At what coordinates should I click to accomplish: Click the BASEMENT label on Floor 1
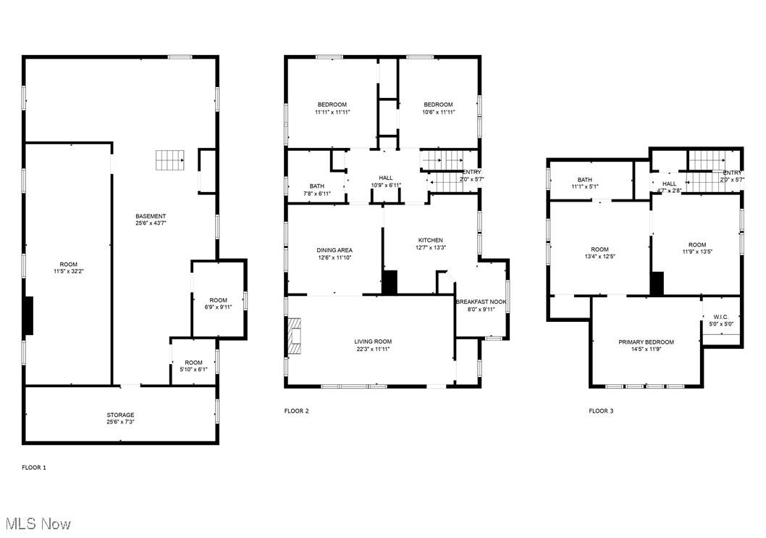point(151,216)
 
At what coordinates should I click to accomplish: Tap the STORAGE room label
point(120,415)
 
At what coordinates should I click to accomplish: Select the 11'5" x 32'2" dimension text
point(68,272)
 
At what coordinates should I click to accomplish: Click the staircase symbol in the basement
point(170,159)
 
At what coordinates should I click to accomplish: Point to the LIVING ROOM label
point(372,342)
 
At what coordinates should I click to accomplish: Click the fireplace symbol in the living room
point(295,336)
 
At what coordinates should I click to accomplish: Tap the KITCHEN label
point(430,240)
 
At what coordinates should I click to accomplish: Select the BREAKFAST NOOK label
point(481,302)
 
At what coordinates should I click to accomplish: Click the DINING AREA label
point(334,250)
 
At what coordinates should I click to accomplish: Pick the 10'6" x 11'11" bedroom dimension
point(438,112)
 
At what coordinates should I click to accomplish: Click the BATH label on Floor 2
point(316,186)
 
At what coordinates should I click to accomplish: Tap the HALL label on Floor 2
point(385,178)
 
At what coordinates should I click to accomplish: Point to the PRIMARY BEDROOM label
point(646,342)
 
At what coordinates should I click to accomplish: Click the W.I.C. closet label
point(720,316)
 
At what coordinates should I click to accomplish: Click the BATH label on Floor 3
point(584,180)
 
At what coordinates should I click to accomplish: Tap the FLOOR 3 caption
point(600,411)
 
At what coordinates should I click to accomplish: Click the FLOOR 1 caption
point(33,468)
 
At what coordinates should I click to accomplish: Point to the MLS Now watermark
point(38,523)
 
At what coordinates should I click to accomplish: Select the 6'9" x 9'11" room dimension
point(218,307)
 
